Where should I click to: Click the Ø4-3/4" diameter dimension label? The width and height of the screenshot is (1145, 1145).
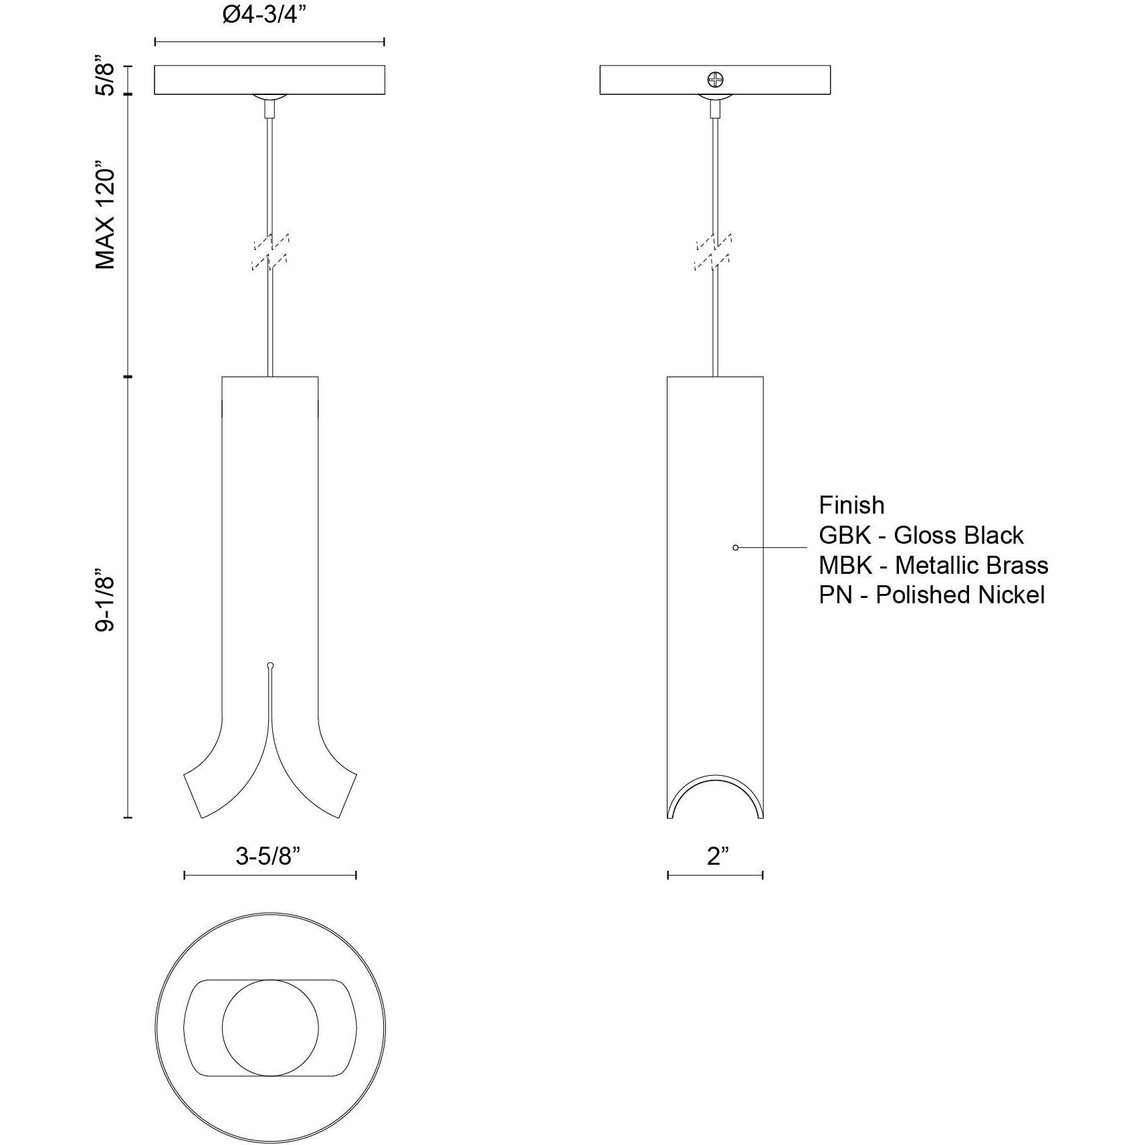269,15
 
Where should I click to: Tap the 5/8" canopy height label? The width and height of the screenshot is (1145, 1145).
106,80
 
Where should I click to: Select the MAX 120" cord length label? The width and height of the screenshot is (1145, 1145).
106,215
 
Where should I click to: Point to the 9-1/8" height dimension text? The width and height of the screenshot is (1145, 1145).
106,600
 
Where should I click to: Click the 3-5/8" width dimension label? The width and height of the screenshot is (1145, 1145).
268,855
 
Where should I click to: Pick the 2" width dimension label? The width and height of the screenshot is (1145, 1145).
716,855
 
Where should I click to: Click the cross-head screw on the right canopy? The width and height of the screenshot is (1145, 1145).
715,80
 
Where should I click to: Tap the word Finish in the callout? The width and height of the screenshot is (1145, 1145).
851,505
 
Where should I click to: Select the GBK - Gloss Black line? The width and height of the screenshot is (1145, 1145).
921,535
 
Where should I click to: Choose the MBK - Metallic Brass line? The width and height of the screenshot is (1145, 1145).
933,565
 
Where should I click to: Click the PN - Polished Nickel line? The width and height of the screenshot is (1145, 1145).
931,595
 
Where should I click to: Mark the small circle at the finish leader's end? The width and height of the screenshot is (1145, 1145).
736,548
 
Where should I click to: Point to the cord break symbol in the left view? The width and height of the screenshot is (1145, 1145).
270,252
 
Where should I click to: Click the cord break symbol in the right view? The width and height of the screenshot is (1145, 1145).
714,252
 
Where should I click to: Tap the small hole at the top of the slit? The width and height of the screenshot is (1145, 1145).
270,665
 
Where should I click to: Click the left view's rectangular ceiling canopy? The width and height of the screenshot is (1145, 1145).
270,80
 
